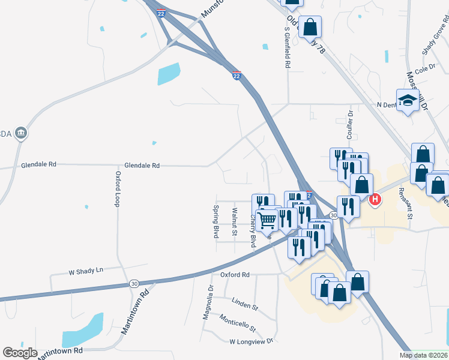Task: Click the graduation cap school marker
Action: click(408, 100)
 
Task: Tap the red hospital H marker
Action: click(375, 199)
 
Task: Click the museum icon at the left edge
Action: click(21, 133)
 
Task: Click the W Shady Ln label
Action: click(86, 271)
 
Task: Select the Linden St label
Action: click(244, 304)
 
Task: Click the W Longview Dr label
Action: click(251, 341)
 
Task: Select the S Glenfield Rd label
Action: click(288, 47)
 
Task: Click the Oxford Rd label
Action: click(234, 275)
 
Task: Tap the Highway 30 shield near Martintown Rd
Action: click(133, 283)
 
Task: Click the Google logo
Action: click(20, 353)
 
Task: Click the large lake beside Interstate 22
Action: click(169, 74)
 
